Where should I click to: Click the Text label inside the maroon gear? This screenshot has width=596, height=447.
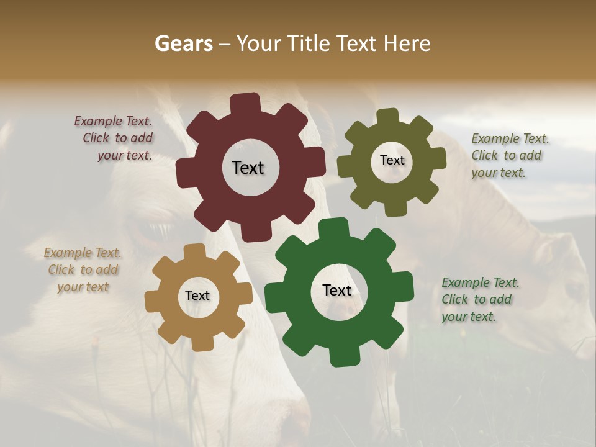[x=248, y=168]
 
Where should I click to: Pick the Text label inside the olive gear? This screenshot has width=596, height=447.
[x=392, y=160]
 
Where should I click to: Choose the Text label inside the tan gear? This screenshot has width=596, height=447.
[x=197, y=296]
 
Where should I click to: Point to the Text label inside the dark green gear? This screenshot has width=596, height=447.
[x=337, y=291]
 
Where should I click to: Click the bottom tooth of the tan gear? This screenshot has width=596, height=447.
[x=201, y=343]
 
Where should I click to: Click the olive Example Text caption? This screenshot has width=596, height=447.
[x=508, y=155]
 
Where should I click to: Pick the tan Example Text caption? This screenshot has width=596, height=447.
[x=83, y=269]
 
